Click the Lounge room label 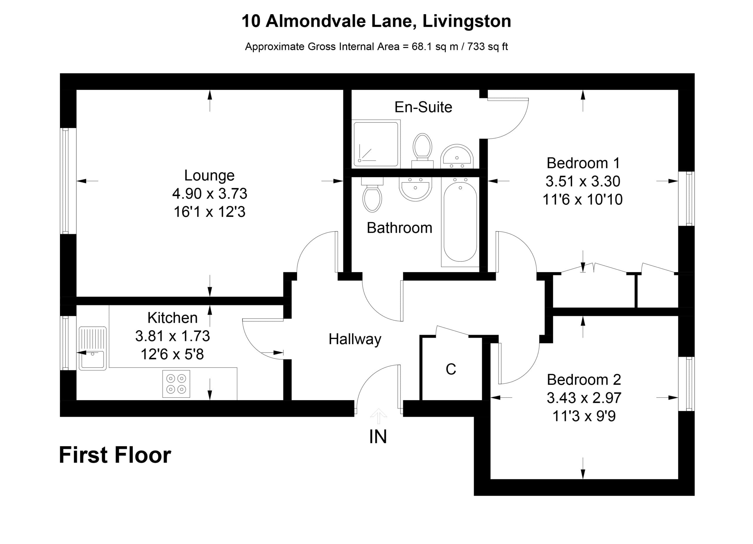[x=209, y=175]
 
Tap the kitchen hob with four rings [x=176, y=384]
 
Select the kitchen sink [x=93, y=348]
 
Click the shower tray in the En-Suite [x=376, y=144]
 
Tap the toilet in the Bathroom [x=372, y=194]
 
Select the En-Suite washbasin [x=457, y=157]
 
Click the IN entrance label [x=378, y=436]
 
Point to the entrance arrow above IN [x=379, y=416]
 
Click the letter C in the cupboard [x=451, y=369]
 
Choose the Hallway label [x=355, y=339]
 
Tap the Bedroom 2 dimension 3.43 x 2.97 [x=584, y=397]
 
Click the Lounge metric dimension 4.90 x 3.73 [x=209, y=193]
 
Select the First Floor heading [x=115, y=455]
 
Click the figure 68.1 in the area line [x=422, y=46]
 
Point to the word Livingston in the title [x=467, y=21]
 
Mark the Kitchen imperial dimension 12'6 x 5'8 [x=172, y=354]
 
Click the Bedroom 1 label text [x=583, y=163]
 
